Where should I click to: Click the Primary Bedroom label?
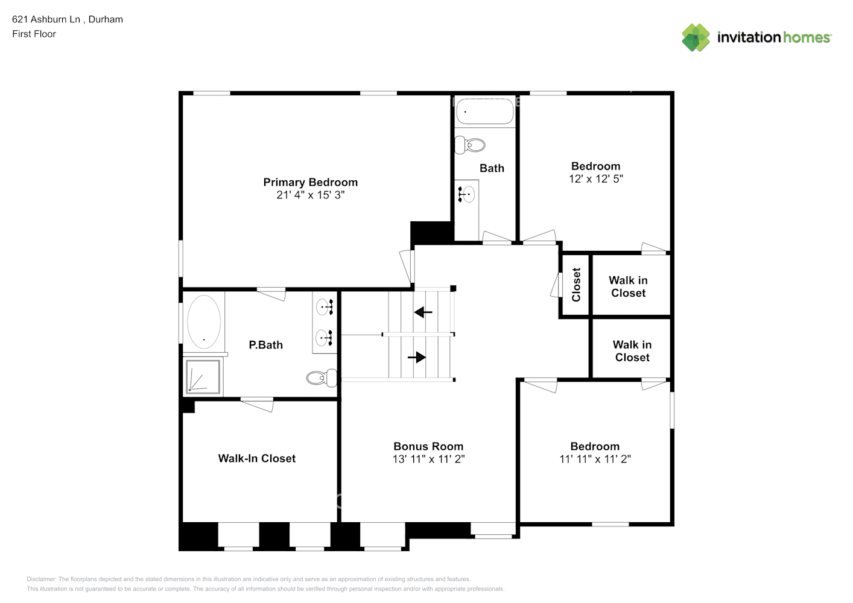[x=310, y=182]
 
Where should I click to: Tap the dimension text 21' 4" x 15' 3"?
[x=310, y=195]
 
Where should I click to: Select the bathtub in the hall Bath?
[x=484, y=111]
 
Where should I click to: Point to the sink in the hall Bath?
[x=467, y=194]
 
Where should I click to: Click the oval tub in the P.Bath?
[x=204, y=321]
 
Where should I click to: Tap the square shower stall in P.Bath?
[x=203, y=376]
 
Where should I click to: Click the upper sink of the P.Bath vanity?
[x=325, y=307]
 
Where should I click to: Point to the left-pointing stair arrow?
[x=423, y=312]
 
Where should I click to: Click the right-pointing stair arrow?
[x=416, y=357]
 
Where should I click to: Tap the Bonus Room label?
[x=428, y=446]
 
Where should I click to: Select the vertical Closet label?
[x=576, y=285]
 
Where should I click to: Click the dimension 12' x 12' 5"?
[x=595, y=179]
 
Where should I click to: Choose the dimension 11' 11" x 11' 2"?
[x=595, y=459]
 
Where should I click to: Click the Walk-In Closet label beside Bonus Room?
[x=256, y=458]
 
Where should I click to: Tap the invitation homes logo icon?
[x=696, y=37]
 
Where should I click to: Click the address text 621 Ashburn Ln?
[x=46, y=19]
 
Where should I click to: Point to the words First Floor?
[x=34, y=34]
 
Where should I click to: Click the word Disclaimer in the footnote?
[x=41, y=579]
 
